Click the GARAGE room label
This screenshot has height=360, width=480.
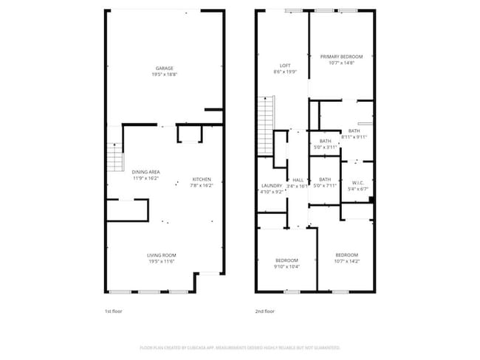pyautogui.click(x=164, y=69)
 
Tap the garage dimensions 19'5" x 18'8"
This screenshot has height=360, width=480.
pyautogui.click(x=164, y=75)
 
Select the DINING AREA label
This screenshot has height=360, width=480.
pyautogui.click(x=146, y=172)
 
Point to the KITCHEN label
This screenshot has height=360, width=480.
pyautogui.click(x=202, y=179)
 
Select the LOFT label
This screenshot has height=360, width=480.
pyautogui.click(x=286, y=66)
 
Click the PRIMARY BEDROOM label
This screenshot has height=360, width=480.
pyautogui.click(x=341, y=57)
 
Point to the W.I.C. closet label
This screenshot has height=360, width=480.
pyautogui.click(x=357, y=183)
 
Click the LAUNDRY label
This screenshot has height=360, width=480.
pyautogui.click(x=272, y=186)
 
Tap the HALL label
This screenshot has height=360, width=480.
pyautogui.click(x=298, y=180)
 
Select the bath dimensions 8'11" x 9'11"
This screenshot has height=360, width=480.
pyautogui.click(x=354, y=137)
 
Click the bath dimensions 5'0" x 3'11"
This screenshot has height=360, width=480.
pyautogui.click(x=325, y=147)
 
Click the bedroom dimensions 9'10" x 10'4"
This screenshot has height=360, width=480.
pyautogui.click(x=287, y=266)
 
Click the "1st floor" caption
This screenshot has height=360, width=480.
pyautogui.click(x=113, y=312)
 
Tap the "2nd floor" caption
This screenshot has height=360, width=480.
pyautogui.click(x=264, y=312)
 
